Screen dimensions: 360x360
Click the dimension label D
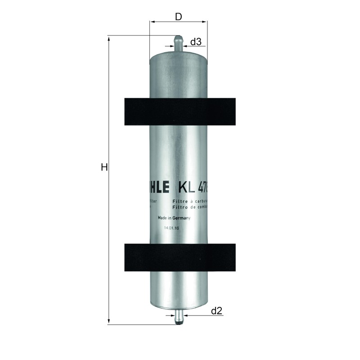(x=178, y=17)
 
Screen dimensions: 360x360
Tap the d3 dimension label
(x=196, y=42)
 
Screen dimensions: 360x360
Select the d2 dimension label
(x=216, y=310)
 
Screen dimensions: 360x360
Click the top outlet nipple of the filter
(x=178, y=43)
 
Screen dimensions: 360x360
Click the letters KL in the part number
(x=187, y=186)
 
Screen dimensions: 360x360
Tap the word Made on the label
(x=162, y=218)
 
